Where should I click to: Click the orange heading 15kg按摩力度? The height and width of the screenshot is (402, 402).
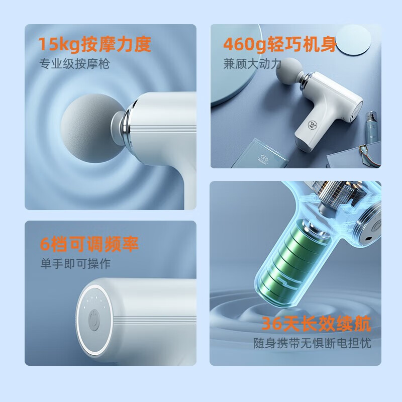95,45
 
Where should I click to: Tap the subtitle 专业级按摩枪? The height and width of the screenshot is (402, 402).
75,64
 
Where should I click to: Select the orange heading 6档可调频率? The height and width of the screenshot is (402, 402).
89,245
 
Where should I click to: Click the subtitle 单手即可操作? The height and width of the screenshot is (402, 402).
75,264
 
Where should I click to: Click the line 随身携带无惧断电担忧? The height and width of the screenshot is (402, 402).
313,344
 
